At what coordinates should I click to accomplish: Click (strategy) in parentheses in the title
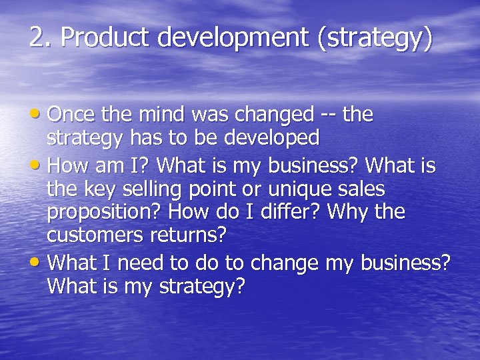click(376, 39)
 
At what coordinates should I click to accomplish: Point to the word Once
click(73, 115)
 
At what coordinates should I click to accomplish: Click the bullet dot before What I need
click(39, 262)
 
